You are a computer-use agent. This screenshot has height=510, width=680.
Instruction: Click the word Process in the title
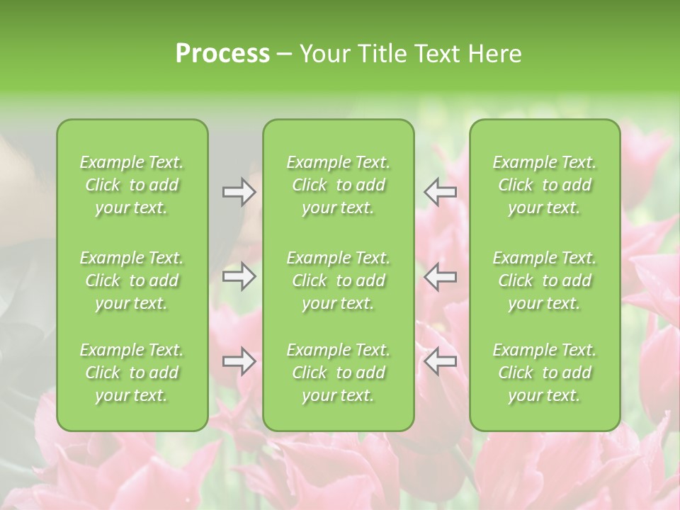(222, 54)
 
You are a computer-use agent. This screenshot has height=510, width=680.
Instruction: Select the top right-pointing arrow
(239, 192)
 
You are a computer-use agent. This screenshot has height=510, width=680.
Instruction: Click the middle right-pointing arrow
(239, 276)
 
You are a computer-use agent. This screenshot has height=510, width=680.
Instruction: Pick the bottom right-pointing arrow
(239, 361)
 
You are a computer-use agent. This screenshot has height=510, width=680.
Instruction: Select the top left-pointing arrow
(441, 192)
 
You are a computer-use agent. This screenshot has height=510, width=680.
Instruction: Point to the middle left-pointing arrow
(441, 276)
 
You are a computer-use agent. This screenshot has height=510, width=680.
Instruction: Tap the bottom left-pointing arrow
(441, 361)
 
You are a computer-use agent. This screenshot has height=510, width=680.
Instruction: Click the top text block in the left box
(132, 185)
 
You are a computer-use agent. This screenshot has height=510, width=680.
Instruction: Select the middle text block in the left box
(132, 280)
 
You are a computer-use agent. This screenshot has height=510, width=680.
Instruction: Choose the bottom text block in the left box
(132, 373)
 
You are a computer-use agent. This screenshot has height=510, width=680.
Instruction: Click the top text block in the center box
(339, 185)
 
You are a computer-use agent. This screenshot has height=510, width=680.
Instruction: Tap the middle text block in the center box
(339, 280)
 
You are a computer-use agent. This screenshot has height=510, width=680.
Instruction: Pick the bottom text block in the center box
(339, 373)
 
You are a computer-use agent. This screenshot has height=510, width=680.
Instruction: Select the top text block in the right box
(545, 185)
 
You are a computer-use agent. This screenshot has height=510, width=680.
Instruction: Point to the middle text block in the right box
(545, 280)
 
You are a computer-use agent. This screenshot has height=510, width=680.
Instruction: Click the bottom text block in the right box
(545, 373)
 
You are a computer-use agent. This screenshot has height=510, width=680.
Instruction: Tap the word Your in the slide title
(322, 54)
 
